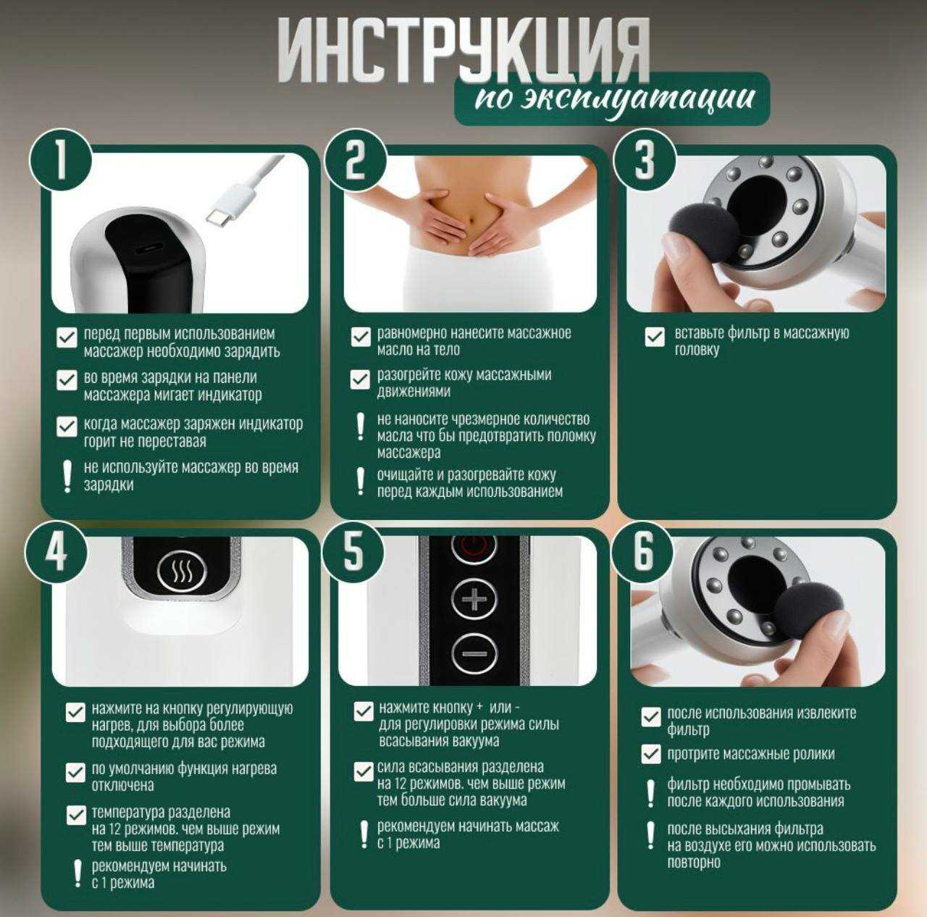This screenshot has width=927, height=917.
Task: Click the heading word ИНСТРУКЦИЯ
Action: [x=463, y=51]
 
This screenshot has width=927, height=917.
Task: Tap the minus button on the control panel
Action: [x=474, y=653]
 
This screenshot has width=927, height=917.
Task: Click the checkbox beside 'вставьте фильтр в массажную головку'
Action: [x=654, y=337]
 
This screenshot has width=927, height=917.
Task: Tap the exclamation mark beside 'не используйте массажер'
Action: [x=67, y=476]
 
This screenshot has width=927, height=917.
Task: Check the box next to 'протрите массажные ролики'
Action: [x=651, y=754]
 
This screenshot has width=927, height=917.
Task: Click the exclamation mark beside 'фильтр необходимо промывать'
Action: [x=650, y=793]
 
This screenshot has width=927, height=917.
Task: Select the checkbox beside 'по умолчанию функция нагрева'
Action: [x=75, y=773]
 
